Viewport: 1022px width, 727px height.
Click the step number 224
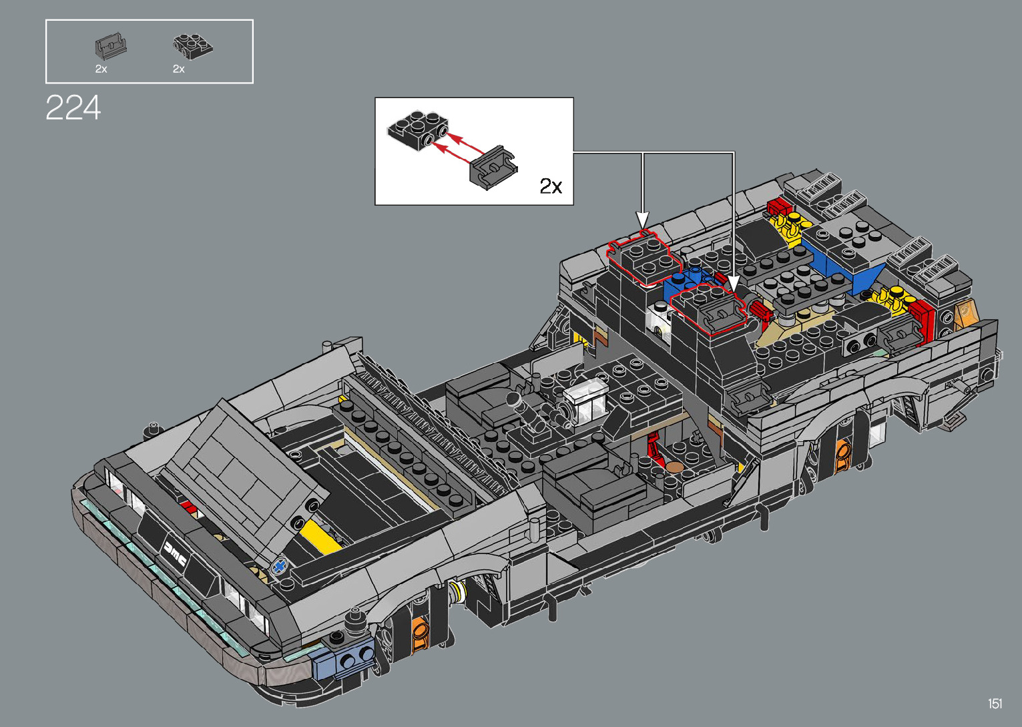tap(73, 107)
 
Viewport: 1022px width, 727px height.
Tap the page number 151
tap(995, 703)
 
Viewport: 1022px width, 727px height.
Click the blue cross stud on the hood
tap(279, 567)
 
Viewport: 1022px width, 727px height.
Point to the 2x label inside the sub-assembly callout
tap(550, 186)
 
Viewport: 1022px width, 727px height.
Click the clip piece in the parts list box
tap(110, 46)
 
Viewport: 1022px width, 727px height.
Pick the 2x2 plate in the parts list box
tap(192, 45)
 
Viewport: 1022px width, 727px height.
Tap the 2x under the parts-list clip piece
tap(101, 69)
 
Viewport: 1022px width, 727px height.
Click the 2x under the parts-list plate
tap(178, 69)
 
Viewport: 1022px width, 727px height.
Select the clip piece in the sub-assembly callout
tap(493, 168)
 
